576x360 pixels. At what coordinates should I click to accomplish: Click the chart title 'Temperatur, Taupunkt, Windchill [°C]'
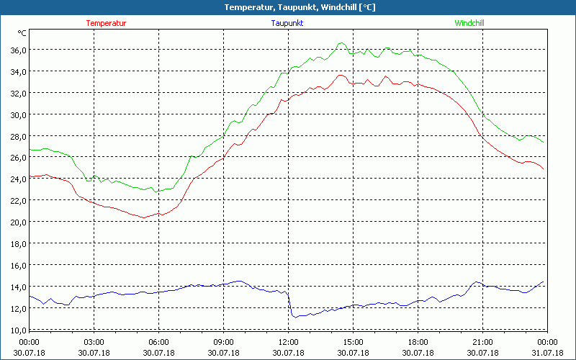coord(288,7)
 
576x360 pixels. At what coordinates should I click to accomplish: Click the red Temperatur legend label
coord(106,23)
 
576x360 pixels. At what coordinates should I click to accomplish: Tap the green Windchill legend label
coord(469,23)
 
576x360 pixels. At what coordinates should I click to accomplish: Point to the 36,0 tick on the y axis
coord(17,50)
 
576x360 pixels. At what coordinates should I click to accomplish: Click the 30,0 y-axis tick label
coord(17,114)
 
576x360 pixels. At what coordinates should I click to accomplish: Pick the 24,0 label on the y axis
coord(17,179)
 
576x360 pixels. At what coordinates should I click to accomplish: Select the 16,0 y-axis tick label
coord(17,265)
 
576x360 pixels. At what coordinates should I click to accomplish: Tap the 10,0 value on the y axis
coord(17,330)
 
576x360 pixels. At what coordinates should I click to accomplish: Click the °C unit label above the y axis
coord(22,33)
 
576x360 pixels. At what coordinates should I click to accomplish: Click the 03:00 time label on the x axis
coord(94,342)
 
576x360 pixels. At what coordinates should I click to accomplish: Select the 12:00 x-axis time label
coord(288,342)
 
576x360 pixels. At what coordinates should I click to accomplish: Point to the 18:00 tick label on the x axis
coord(418,342)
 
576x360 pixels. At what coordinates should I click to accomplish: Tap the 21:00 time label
coord(482,342)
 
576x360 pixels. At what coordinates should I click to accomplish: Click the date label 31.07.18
coord(547,353)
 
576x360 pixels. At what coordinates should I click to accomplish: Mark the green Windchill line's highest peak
coord(341,43)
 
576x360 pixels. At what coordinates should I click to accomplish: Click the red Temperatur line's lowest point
coord(144,217)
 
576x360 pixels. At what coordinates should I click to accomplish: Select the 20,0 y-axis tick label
coord(17,222)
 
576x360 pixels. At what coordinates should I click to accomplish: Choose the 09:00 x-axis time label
coord(223,342)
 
